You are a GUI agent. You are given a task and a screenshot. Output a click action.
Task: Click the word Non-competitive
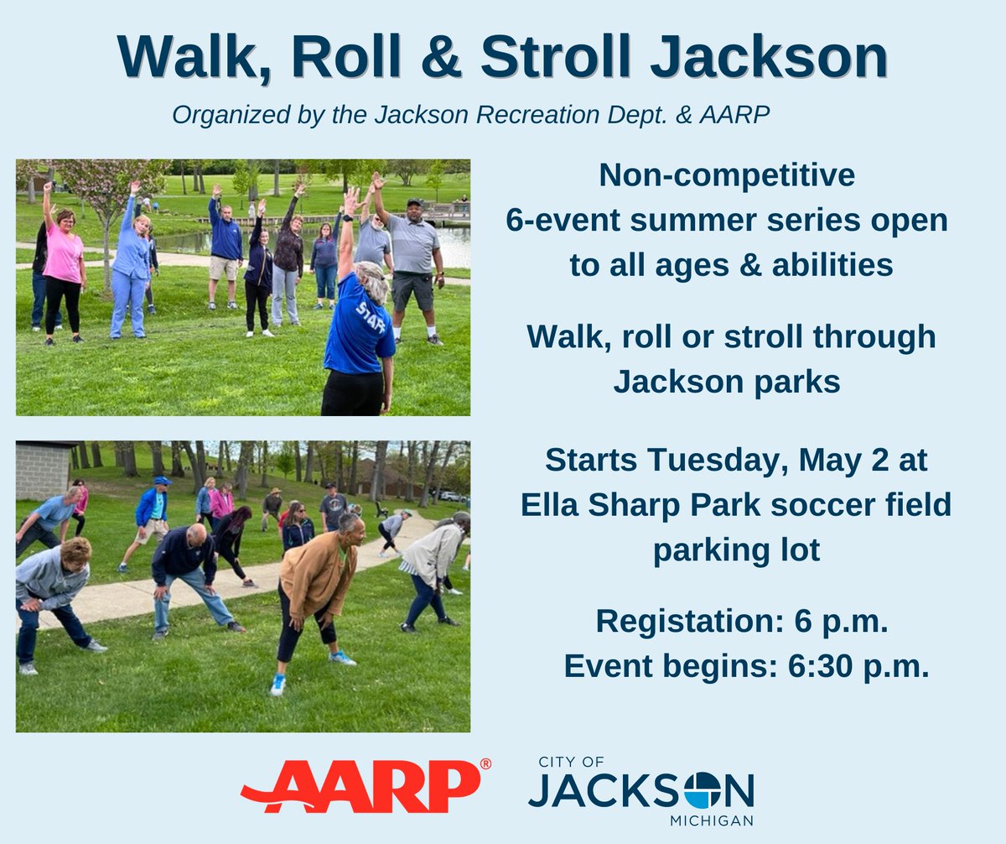point(727,175)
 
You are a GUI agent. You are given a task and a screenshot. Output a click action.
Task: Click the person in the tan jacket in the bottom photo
point(319,587)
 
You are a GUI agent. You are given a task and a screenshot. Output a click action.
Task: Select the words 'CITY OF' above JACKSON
point(571,762)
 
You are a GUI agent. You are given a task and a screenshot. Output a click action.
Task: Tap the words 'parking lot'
point(735,550)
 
